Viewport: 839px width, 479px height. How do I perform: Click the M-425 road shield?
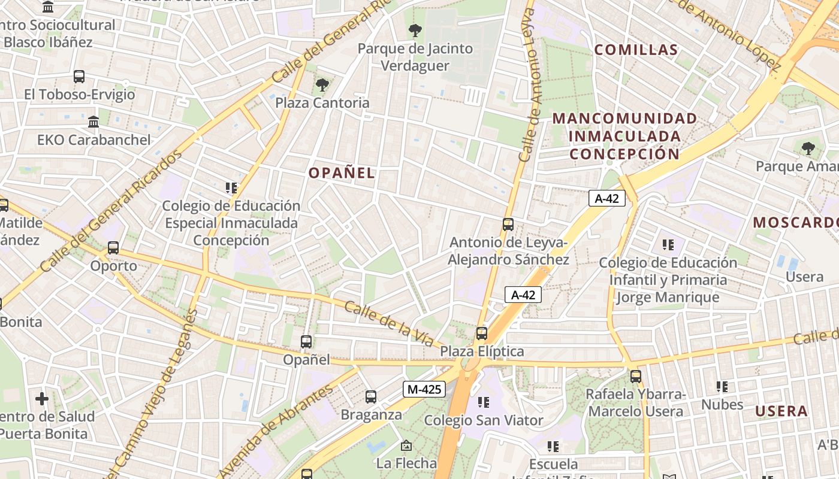[x=424, y=389]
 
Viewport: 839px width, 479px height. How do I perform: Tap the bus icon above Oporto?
[x=113, y=247]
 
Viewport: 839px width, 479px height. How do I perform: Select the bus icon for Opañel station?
[x=306, y=342]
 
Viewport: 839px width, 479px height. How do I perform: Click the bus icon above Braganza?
[x=371, y=396]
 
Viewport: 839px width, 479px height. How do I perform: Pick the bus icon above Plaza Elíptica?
[x=482, y=334]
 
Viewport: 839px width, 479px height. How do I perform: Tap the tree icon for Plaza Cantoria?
[x=322, y=85]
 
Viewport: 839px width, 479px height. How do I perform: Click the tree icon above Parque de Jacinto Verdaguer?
[x=415, y=31]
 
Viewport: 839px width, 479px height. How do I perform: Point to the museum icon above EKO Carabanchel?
[x=93, y=122]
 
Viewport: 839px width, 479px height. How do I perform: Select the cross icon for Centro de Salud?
[x=42, y=398]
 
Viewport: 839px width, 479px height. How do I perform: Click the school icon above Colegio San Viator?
[x=484, y=402]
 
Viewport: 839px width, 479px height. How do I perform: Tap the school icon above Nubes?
[x=722, y=387]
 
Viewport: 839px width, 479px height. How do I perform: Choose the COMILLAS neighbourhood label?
[x=636, y=50]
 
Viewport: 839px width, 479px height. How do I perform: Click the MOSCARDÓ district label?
[x=796, y=222]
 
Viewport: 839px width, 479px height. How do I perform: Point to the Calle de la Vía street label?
[x=389, y=324]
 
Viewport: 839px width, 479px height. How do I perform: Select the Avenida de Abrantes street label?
[x=275, y=431]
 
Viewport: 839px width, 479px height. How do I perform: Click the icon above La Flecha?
[x=406, y=445]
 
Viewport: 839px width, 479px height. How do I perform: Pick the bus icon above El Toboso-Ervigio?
[x=79, y=77]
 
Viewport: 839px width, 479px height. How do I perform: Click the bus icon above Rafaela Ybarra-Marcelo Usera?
[x=636, y=377]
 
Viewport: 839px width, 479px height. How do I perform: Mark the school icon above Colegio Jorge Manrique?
[x=668, y=244]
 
